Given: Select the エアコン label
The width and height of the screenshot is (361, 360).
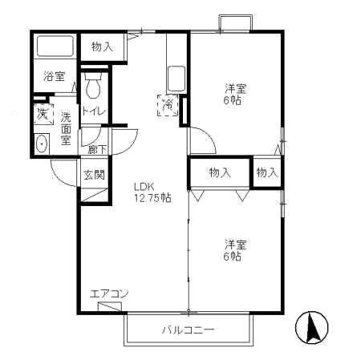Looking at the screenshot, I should coord(108,293).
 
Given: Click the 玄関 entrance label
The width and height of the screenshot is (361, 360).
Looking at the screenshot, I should coord(93,175).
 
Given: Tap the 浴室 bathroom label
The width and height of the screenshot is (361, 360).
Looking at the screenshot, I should coord(54,77).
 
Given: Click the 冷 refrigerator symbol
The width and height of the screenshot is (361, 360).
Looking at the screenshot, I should coord(168,104).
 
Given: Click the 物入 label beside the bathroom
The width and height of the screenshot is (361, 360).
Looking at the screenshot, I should coord(102,47).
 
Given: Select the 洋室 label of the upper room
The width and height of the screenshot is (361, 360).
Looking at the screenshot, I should coord(233,89).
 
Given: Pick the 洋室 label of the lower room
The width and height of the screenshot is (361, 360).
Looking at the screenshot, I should coord(233,244).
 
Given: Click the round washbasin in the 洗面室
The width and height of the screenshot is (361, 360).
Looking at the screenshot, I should coord(42,145).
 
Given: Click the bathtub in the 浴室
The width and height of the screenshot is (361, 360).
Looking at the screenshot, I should coord(55,47).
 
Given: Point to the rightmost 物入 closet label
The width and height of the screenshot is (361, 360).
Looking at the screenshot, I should coord(267,172).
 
